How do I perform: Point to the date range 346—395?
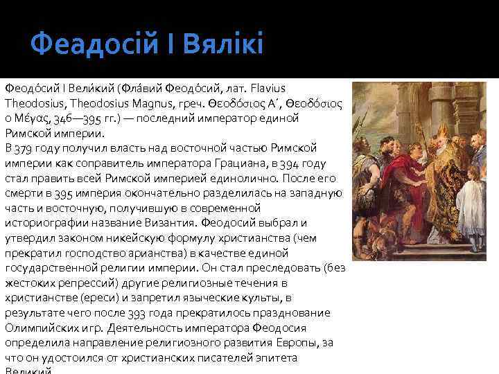[x=73, y=119]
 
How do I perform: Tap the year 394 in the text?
[x=287, y=163]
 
